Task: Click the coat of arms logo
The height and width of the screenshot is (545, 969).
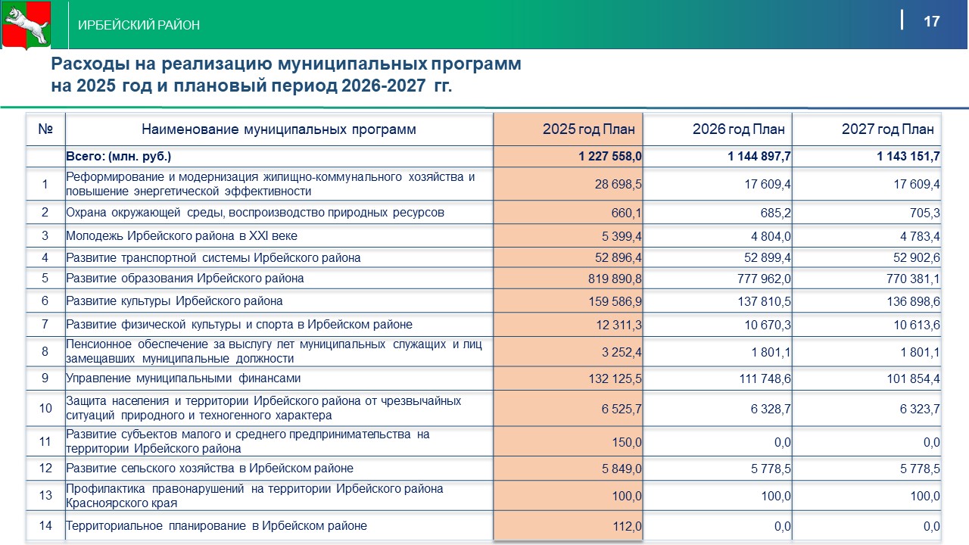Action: [26, 24]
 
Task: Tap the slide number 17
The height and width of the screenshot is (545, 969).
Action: [931, 21]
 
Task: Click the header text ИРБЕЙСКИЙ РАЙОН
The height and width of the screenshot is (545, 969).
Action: [139, 25]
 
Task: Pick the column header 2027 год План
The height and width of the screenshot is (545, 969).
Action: [887, 129]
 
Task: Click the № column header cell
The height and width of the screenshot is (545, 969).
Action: [45, 129]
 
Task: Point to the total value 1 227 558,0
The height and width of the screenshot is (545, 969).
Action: [610, 157]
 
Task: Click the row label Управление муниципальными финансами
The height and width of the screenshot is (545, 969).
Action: [184, 378]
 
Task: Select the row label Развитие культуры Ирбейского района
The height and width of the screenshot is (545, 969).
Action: [175, 301]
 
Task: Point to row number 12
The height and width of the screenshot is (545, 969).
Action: [45, 469]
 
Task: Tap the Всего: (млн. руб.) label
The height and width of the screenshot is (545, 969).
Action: [119, 157]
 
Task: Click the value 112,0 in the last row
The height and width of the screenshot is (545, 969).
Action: [628, 526]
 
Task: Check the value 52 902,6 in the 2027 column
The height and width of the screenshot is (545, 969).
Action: [913, 258]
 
